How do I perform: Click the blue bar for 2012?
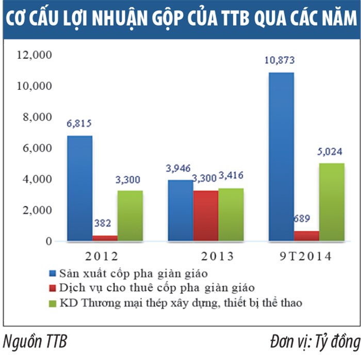click(x=79, y=188)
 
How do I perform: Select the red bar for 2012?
click(x=105, y=238)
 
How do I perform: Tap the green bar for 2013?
click(x=231, y=215)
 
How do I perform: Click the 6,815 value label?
click(x=79, y=124)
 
